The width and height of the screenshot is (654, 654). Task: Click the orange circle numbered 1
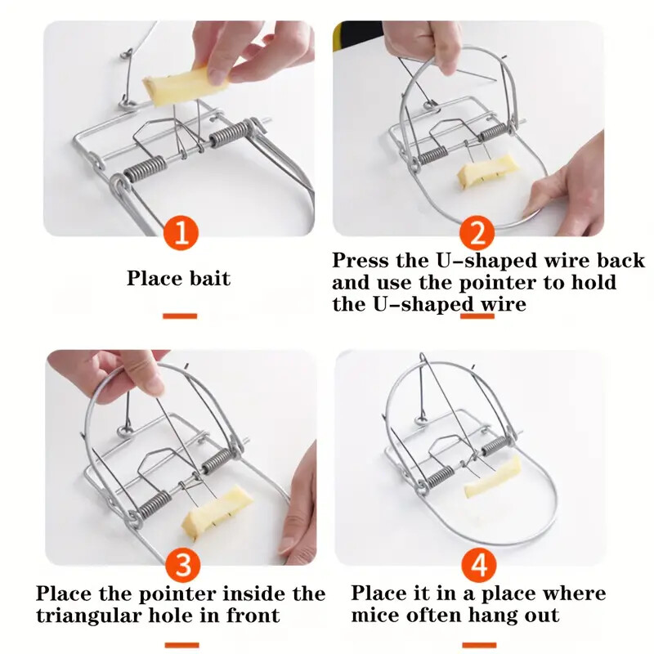(180, 233)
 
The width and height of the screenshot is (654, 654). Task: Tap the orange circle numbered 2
(477, 233)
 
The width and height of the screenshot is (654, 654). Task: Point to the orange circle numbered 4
(477, 564)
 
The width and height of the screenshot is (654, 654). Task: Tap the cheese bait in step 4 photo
(493, 477)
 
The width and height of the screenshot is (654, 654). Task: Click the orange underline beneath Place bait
(179, 316)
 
